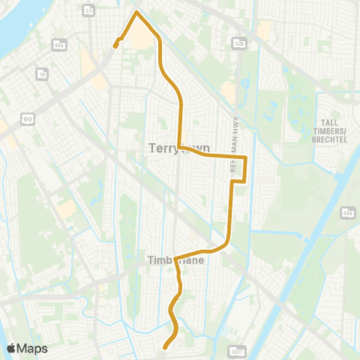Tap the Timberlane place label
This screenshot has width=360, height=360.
(169, 261)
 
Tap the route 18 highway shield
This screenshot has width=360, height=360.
(42, 74)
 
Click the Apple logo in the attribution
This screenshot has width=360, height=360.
(11, 348)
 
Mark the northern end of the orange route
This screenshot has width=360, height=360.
(115, 46)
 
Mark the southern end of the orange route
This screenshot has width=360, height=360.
(165, 346)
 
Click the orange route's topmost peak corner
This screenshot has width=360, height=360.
(136, 12)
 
